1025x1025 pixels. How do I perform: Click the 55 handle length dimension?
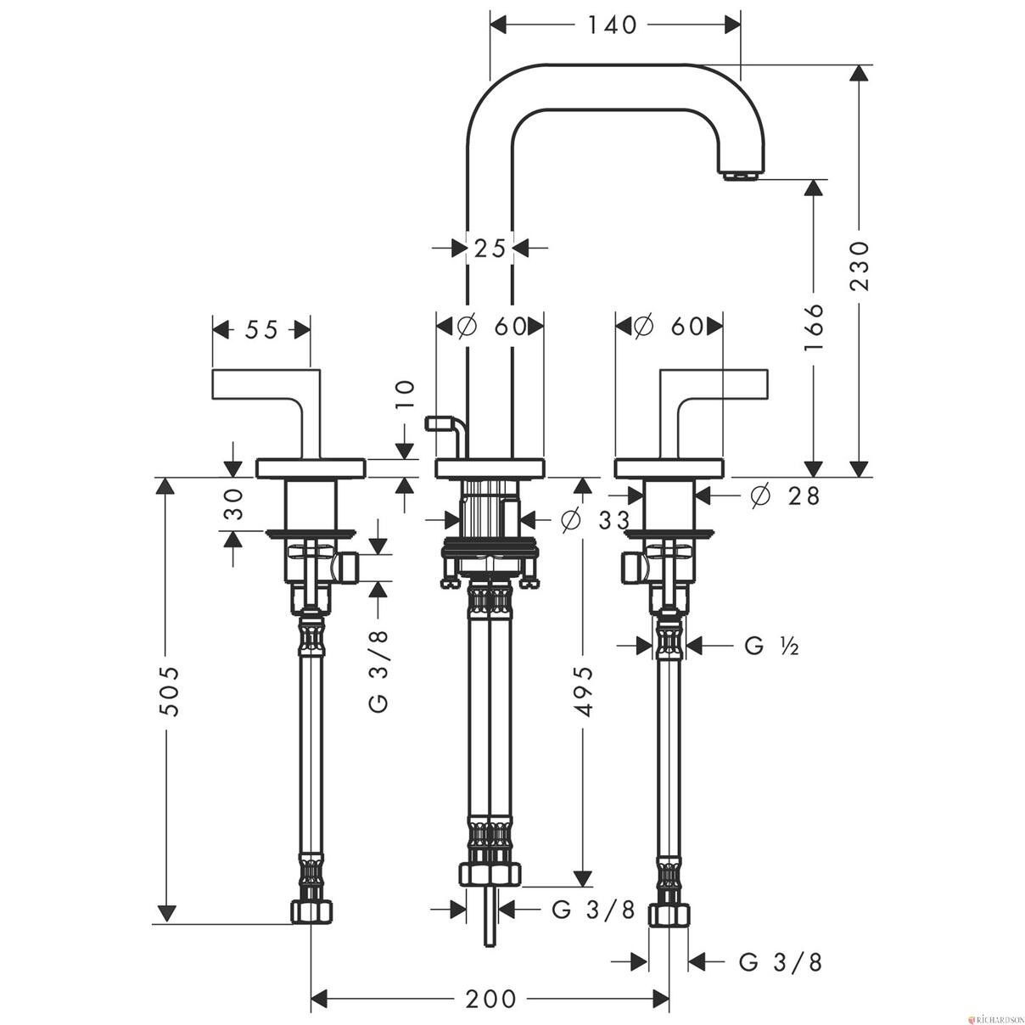coord(261,330)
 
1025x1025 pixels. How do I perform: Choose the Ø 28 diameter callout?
coord(785,496)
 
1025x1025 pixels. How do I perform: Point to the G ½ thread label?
coord(771,646)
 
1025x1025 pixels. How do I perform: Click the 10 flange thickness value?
coord(405,395)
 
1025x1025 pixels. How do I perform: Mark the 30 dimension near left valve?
coord(233,504)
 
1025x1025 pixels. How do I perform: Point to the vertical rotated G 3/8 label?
coord(378,671)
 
